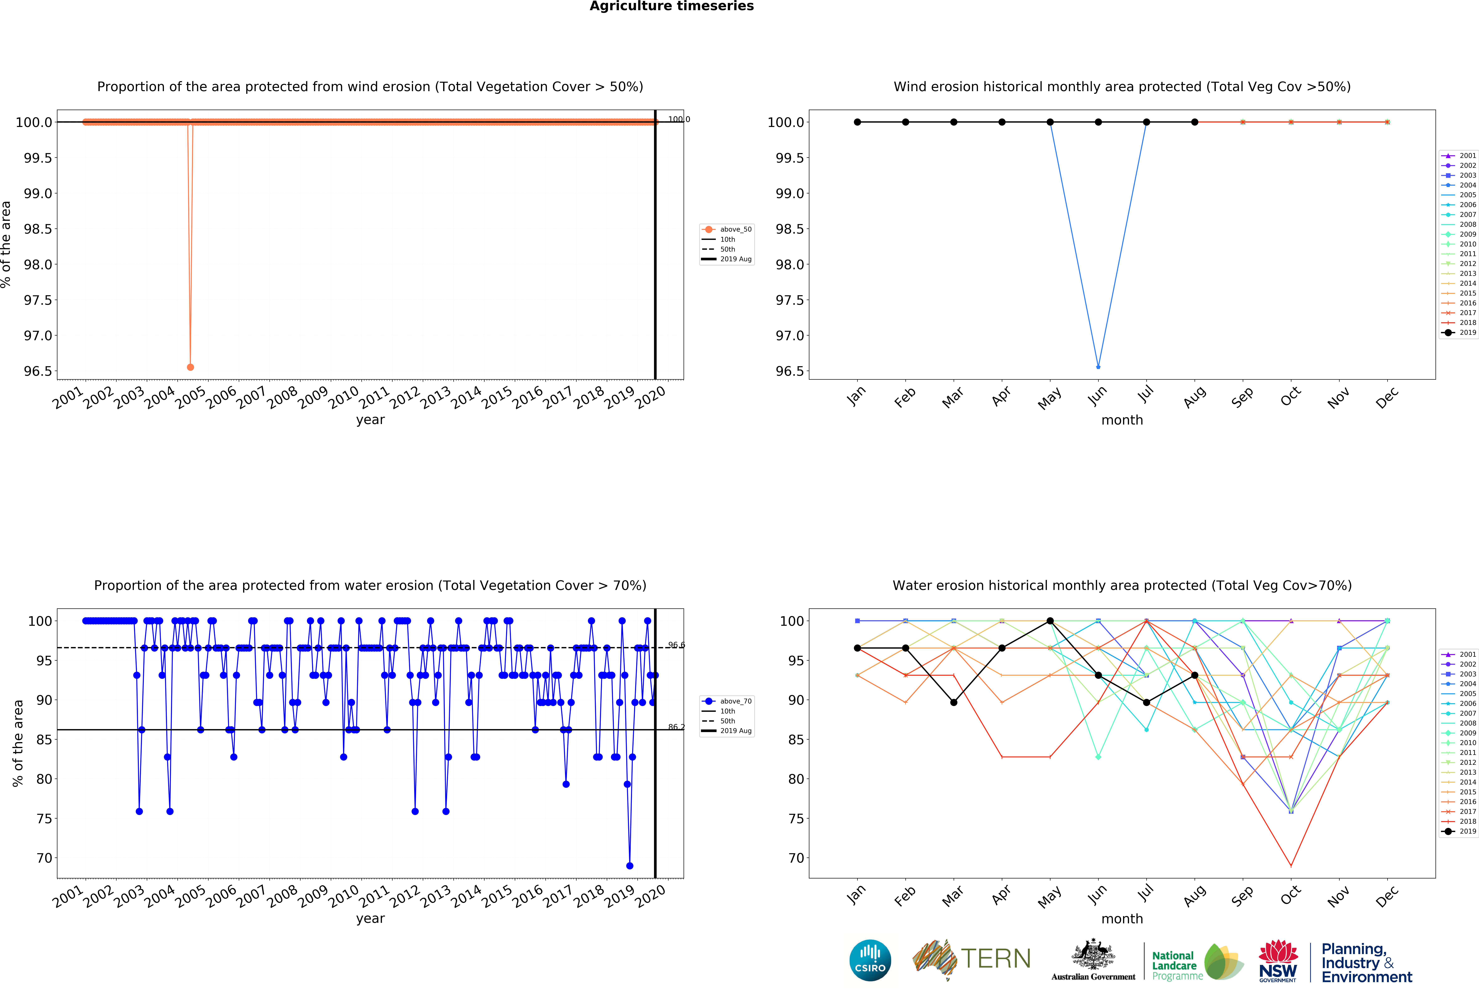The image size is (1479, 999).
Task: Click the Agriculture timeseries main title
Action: (x=671, y=6)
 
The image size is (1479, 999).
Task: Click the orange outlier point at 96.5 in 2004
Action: (x=190, y=367)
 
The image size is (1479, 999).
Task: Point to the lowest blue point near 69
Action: (x=629, y=865)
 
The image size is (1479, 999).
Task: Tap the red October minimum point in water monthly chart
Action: (x=1291, y=865)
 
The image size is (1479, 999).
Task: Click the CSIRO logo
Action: (x=870, y=960)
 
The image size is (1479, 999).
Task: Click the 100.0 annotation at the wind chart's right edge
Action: (x=678, y=119)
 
